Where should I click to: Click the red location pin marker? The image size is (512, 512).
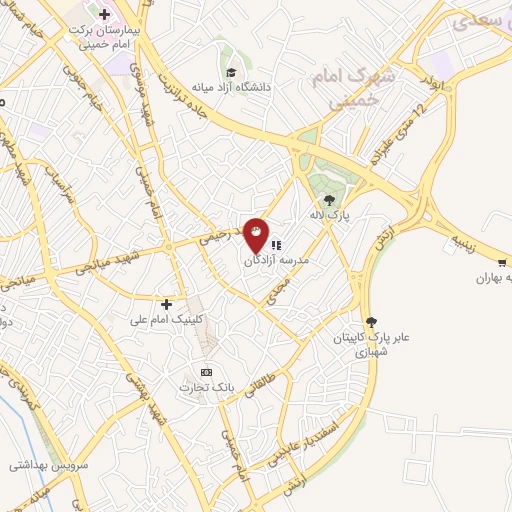point(257,236)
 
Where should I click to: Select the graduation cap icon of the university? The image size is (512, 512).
point(231,72)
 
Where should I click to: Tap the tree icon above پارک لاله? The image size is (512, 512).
point(329,200)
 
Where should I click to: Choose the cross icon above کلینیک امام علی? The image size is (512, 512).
point(166,303)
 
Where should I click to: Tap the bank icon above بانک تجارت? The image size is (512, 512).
point(206,372)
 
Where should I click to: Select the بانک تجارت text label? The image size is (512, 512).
point(206,387)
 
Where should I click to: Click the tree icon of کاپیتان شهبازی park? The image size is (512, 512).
point(372,322)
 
